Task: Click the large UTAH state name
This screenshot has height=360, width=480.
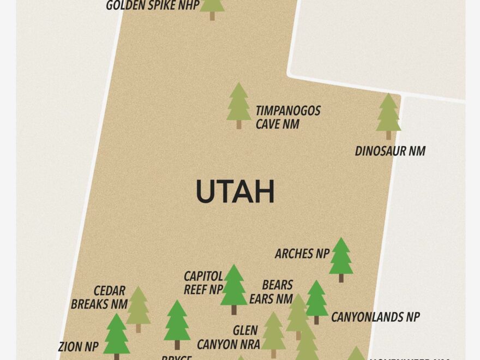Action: coord(235,192)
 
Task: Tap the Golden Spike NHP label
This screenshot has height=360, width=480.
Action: coord(152,6)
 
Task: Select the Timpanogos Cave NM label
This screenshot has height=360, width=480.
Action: coord(288,117)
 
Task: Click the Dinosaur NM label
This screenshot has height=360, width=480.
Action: coord(390,151)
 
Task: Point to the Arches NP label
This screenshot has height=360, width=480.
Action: coord(302,254)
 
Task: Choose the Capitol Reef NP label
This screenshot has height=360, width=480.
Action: coord(203,283)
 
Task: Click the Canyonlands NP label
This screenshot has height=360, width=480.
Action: coord(375,317)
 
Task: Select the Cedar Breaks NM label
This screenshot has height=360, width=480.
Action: coord(99,297)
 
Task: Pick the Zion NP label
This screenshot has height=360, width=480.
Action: coord(78,346)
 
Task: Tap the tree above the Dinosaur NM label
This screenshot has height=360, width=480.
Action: coord(388,115)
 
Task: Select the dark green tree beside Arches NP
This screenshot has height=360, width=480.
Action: coord(341,258)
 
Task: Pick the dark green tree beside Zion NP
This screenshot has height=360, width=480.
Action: coord(116,335)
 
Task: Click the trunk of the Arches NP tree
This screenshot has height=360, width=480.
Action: coord(341,278)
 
